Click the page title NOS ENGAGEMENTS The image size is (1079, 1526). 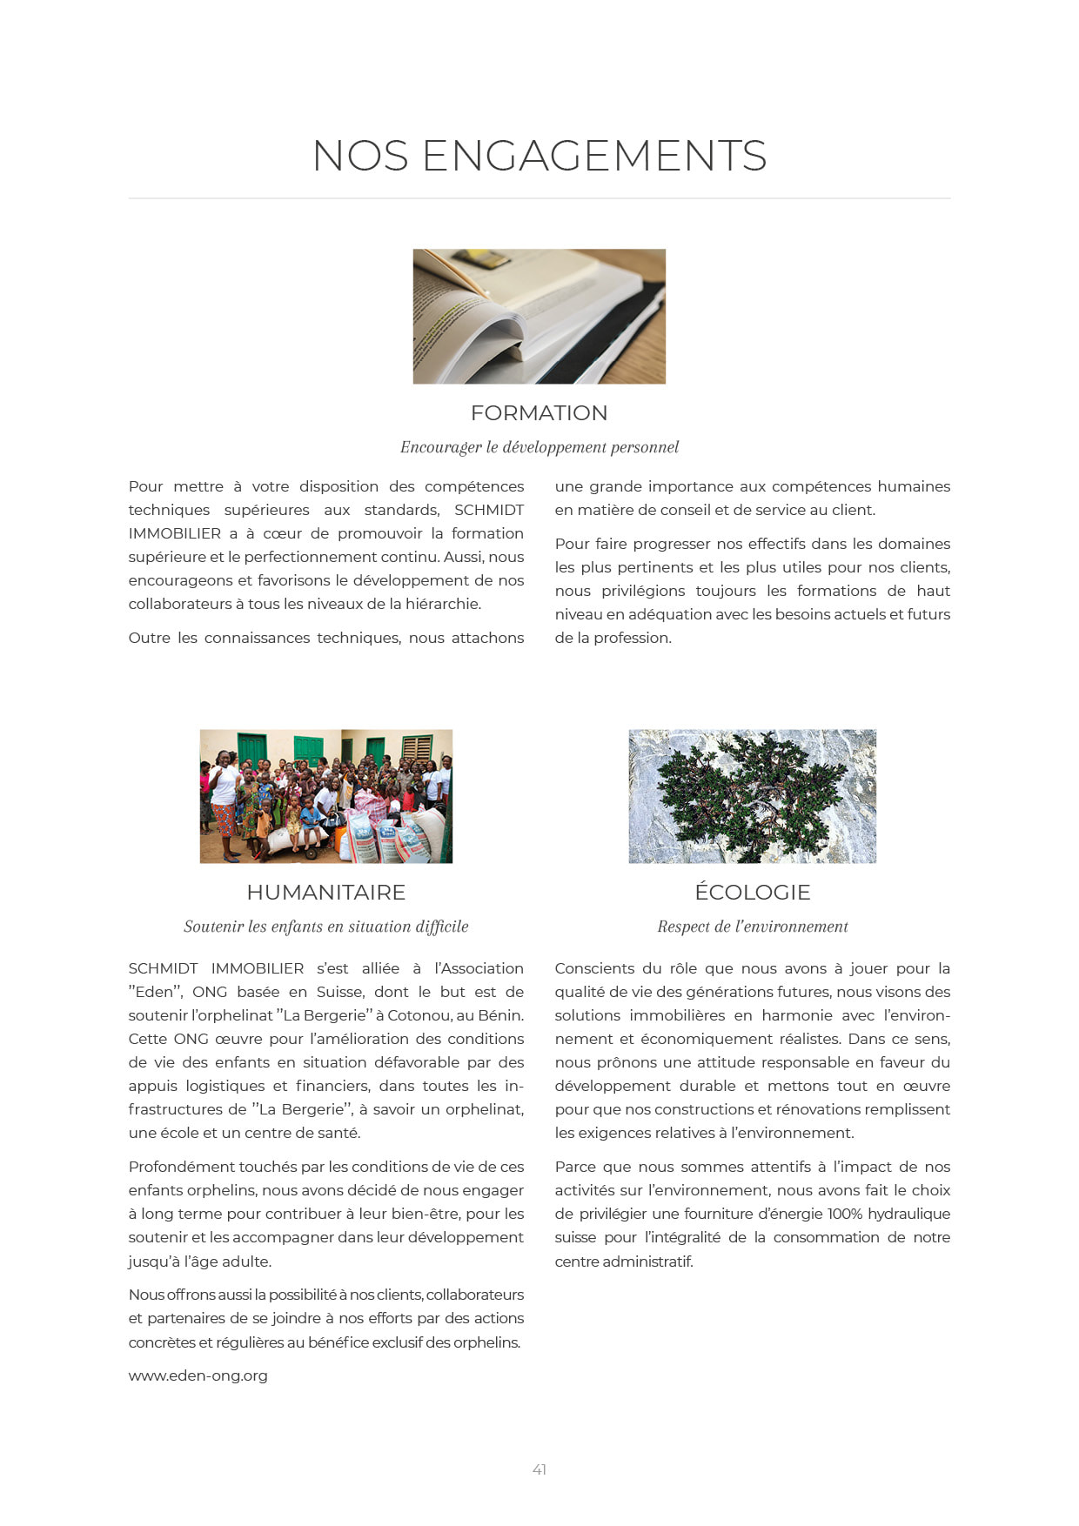(x=539, y=157)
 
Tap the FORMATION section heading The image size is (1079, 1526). (x=539, y=413)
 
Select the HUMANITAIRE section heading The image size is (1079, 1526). (x=325, y=893)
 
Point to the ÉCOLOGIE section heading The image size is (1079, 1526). (x=752, y=893)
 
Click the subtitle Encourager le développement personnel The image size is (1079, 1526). (x=539, y=447)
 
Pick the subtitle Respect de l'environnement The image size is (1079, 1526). (x=752, y=927)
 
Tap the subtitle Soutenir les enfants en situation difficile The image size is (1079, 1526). (x=325, y=927)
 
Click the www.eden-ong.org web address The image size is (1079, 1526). (x=198, y=1375)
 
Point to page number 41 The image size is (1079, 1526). (x=539, y=1469)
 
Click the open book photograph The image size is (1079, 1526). (x=539, y=317)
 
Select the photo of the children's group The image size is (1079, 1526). (x=325, y=796)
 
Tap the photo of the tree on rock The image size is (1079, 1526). (x=752, y=796)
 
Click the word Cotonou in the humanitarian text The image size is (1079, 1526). (x=419, y=1015)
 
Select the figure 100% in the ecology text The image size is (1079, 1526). (x=845, y=1214)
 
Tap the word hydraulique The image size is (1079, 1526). (x=909, y=1214)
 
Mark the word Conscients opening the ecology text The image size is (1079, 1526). (x=594, y=968)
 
